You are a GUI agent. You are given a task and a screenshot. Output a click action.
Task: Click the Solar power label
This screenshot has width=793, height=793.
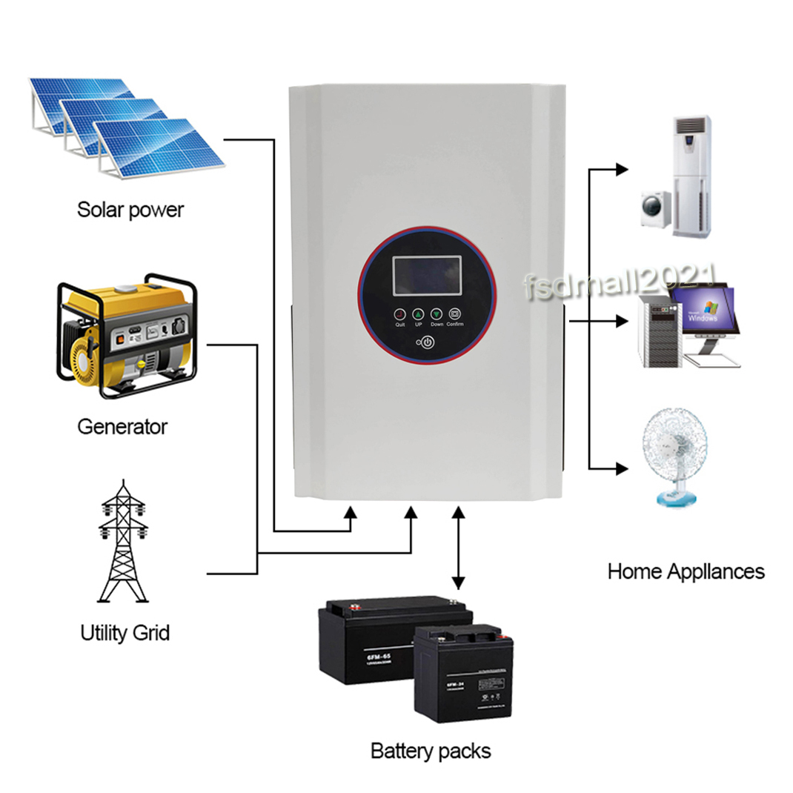(130, 210)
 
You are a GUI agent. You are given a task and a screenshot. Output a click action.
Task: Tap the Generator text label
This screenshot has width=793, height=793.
(122, 427)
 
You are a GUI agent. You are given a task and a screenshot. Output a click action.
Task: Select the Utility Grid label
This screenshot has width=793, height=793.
(125, 633)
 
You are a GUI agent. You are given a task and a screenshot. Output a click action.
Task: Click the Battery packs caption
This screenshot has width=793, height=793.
(431, 751)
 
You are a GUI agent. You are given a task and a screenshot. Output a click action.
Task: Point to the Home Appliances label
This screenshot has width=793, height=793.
(686, 571)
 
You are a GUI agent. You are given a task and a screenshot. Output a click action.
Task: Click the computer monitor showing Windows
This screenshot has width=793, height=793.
(703, 315)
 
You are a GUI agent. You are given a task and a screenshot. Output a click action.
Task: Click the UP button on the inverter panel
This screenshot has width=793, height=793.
(418, 313)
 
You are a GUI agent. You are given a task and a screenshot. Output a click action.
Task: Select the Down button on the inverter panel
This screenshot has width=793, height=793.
(437, 313)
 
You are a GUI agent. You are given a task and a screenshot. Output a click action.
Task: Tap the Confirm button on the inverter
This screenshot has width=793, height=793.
(455, 313)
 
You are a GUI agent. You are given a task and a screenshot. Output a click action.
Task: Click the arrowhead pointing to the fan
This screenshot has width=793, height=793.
(622, 468)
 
